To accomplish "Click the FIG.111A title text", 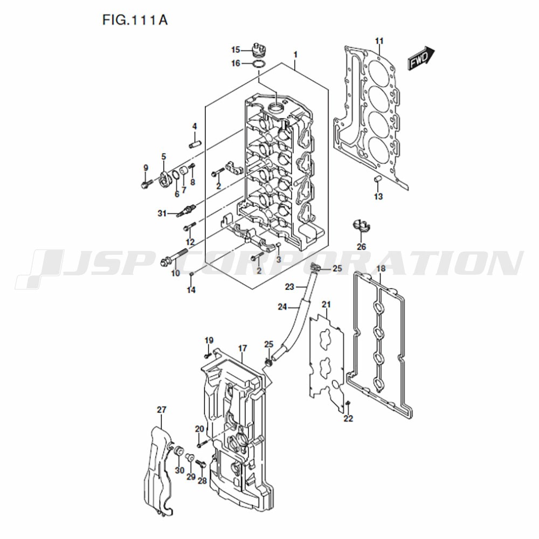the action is [135, 20].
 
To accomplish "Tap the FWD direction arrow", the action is [421, 58].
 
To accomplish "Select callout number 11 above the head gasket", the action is [379, 42].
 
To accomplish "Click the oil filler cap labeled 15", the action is [258, 51].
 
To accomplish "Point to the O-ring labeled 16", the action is [259, 64].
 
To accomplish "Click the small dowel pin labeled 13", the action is [377, 179].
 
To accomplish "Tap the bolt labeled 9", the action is [147, 184].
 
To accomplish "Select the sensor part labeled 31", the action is [186, 210].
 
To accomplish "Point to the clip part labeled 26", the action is [361, 225].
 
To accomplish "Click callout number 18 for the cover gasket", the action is [381, 268].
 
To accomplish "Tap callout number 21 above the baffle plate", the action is [326, 305].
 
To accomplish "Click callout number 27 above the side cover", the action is [162, 410].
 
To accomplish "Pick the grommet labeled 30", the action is [178, 451].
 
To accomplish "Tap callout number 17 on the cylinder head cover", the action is [243, 348].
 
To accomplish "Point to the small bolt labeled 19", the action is [208, 355].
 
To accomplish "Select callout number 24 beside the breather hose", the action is [282, 306].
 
